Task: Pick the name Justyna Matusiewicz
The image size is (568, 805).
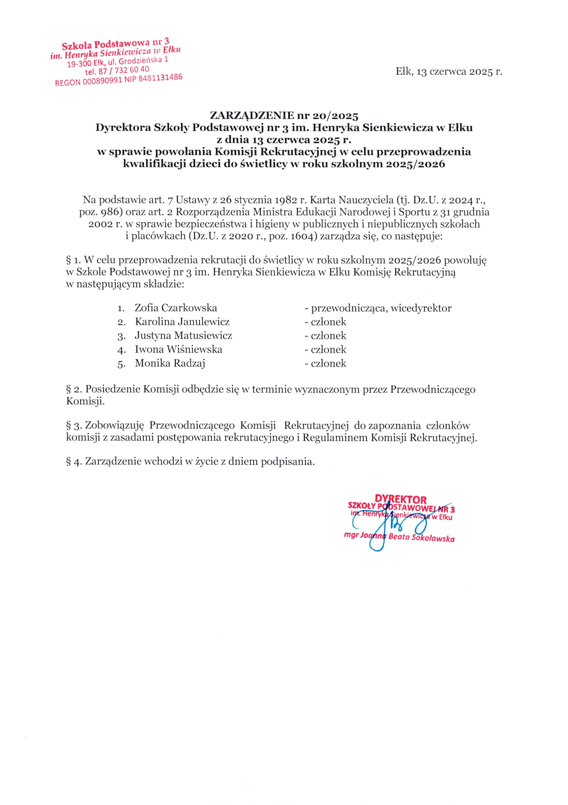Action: click(x=183, y=336)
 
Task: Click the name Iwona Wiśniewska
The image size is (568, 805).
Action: click(x=179, y=349)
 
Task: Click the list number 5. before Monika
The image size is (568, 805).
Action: click(x=121, y=364)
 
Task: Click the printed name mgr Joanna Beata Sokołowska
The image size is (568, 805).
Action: click(x=399, y=538)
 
